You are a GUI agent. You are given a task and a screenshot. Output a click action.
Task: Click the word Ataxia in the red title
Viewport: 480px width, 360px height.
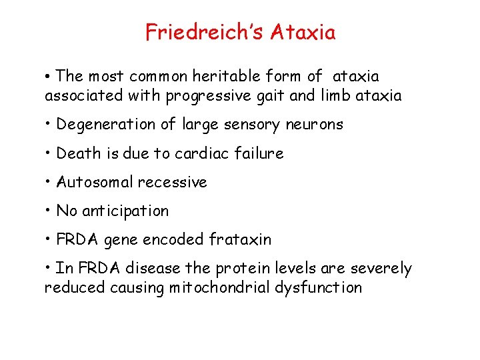tap(303, 32)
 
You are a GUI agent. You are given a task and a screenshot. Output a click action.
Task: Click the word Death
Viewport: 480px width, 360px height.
tap(75, 153)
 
